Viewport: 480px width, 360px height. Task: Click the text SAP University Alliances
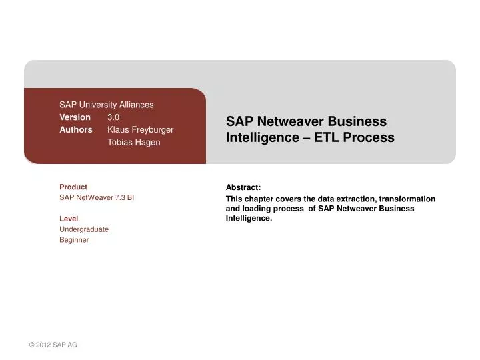pos(106,105)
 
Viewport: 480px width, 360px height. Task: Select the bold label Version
pos(75,117)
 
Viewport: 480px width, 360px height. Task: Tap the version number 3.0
pos(113,117)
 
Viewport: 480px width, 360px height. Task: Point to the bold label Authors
pos(76,129)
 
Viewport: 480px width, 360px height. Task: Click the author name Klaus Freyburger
pos(140,129)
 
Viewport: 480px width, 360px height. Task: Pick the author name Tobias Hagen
pos(133,142)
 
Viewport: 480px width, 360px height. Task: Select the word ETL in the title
pos(317,138)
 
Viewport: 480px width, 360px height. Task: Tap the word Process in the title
pos(367,138)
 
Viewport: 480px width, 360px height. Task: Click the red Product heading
pos(73,187)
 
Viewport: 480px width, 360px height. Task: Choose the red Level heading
pos(69,219)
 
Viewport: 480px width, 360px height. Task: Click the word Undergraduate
pos(84,229)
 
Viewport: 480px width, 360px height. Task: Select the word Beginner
pos(74,240)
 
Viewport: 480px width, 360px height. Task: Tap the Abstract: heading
pos(243,188)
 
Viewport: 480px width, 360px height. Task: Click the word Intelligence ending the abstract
pos(249,217)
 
